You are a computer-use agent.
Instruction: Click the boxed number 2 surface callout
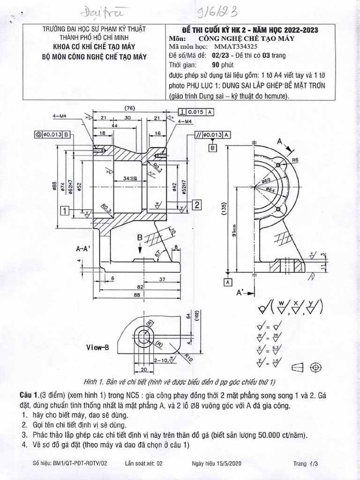coord(197,204)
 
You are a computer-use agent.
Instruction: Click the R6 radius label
coord(295,160)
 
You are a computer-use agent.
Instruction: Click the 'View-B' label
coord(97,347)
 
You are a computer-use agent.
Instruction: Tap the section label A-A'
coord(84,250)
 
